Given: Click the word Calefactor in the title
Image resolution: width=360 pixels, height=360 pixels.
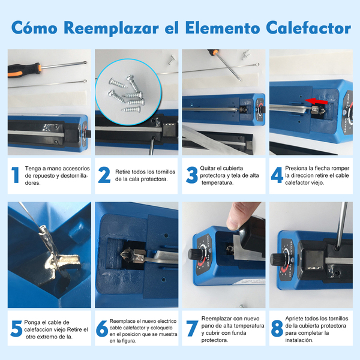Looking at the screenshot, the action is pyautogui.click(x=308, y=28).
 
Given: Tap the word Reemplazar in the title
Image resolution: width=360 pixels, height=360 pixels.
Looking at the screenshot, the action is pyautogui.click(x=111, y=28).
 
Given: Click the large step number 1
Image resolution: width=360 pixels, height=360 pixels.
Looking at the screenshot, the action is pyautogui.click(x=16, y=175).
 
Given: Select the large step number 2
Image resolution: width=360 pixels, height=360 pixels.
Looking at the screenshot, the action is pyautogui.click(x=104, y=175).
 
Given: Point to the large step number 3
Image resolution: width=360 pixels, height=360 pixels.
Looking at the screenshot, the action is pyautogui.click(x=192, y=175).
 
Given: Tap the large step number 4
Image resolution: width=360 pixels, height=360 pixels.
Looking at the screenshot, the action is pyautogui.click(x=277, y=175).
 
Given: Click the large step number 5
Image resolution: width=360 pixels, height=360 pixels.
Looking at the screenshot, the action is pyautogui.click(x=17, y=329).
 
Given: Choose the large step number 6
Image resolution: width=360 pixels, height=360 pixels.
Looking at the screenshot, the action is pyautogui.click(x=102, y=329).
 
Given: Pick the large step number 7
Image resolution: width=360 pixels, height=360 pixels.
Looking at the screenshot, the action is pyautogui.click(x=192, y=329).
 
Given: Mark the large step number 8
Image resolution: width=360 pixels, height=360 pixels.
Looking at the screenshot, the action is pyautogui.click(x=277, y=329).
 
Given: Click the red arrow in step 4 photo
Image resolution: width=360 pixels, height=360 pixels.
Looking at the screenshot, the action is pyautogui.click(x=316, y=101).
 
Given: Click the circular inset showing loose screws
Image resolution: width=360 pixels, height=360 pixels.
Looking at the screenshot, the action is pyautogui.click(x=128, y=92).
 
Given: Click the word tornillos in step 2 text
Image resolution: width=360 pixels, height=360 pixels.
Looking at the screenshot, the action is pyautogui.click(x=166, y=172).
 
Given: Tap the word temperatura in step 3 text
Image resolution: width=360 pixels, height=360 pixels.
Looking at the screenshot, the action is pyautogui.click(x=217, y=183).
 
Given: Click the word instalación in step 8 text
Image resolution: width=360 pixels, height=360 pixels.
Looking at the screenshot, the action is pyautogui.click(x=299, y=340).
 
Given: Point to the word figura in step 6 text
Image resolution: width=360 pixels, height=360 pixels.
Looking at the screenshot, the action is pyautogui.click(x=129, y=341).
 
